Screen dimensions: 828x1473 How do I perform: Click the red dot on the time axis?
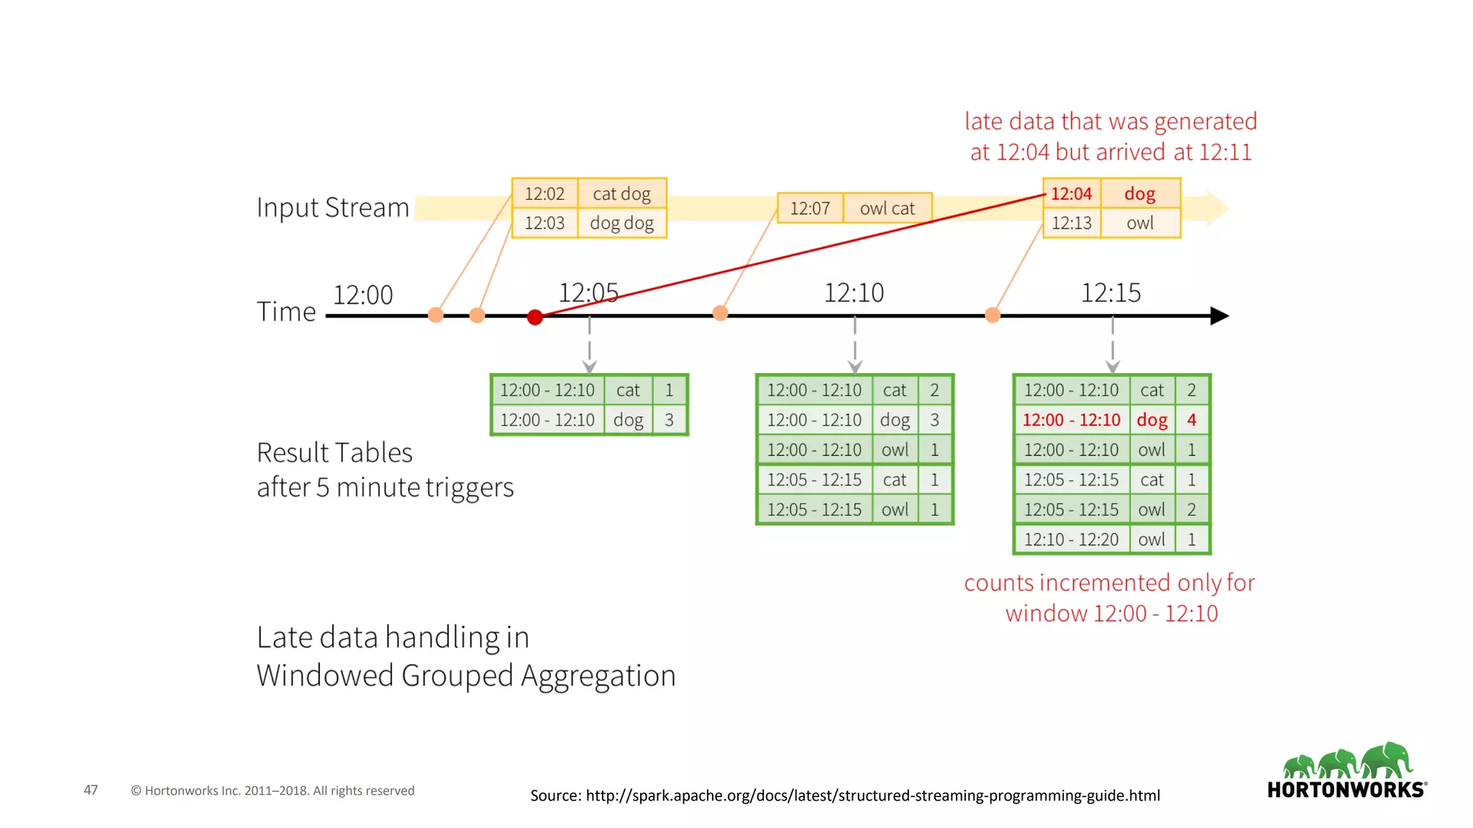click(534, 317)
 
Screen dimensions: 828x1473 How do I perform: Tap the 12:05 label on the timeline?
click(588, 293)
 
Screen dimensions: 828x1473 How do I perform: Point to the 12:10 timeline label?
click(854, 293)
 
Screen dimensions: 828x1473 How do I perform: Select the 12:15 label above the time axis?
click(1111, 293)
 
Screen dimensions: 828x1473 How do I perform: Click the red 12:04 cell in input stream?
click(1071, 194)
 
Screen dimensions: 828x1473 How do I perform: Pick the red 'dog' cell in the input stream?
click(1140, 194)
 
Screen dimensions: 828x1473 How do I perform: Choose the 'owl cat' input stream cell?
click(887, 208)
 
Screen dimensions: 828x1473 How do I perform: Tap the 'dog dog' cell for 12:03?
click(621, 224)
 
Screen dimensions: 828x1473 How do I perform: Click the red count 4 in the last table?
click(1192, 420)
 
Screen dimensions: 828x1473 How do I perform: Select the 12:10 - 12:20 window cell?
click(1071, 540)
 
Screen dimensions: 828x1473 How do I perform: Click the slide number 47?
click(91, 790)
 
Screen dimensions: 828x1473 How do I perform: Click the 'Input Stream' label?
click(333, 208)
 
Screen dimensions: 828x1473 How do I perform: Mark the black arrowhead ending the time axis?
click(1219, 316)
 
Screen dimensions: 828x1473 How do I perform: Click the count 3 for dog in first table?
click(669, 420)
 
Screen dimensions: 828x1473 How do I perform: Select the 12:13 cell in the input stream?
click(1071, 224)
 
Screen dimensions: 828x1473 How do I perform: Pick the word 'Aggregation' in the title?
click(598, 676)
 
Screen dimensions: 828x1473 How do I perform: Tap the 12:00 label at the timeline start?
click(363, 295)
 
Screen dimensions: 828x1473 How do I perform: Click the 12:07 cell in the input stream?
click(810, 208)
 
